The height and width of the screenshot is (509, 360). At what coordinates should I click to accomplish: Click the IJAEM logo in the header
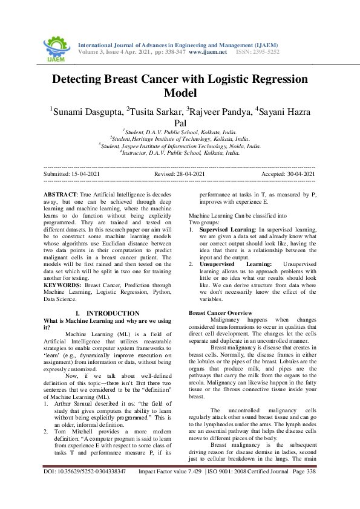(x=56, y=47)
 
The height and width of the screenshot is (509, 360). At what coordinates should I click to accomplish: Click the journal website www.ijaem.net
(x=208, y=53)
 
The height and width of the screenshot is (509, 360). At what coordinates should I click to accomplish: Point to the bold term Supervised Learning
(x=227, y=230)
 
